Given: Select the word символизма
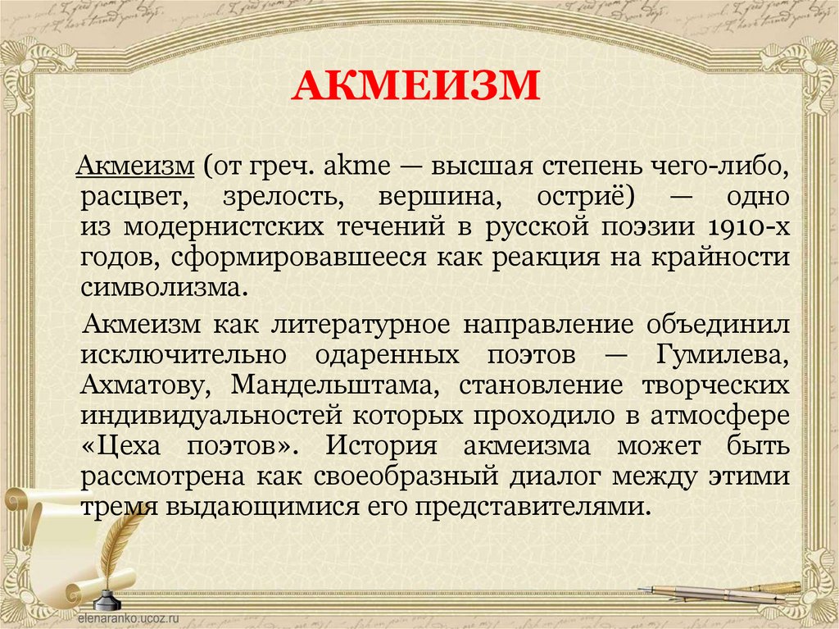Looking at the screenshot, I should pos(162,287).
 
